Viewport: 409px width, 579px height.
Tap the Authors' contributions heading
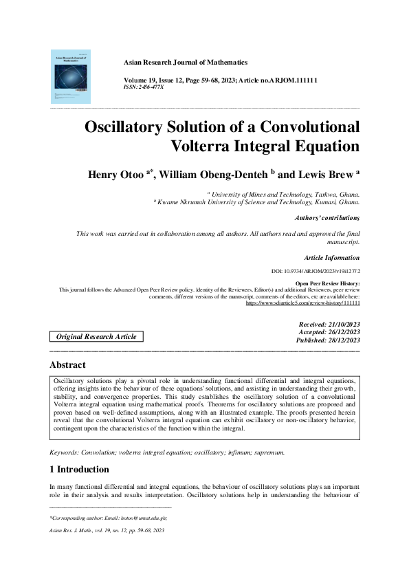tap(327, 218)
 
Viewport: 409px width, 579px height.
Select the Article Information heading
tap(331, 258)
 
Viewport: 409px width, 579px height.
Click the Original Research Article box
tap(96, 337)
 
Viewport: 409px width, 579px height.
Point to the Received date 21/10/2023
tap(329, 324)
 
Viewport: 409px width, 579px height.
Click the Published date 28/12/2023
tap(328, 340)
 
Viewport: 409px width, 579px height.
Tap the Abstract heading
tap(68, 365)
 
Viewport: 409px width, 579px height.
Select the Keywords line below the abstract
tap(168, 452)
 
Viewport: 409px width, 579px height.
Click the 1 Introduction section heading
tap(80, 470)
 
